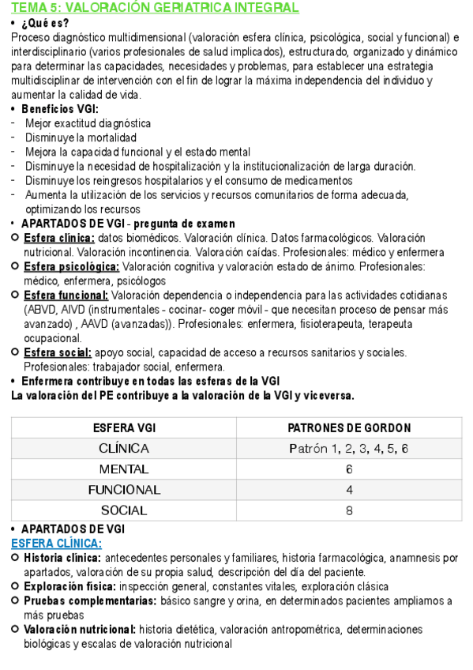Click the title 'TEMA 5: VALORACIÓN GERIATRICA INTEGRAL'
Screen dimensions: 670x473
point(155,8)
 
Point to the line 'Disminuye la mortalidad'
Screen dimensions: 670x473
point(81,137)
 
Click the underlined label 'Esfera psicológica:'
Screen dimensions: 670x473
point(72,266)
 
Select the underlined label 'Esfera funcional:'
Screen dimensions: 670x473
point(66,295)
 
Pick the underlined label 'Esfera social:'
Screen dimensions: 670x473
point(58,352)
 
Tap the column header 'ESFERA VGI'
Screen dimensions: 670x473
point(124,428)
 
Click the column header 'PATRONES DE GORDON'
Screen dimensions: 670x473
point(349,428)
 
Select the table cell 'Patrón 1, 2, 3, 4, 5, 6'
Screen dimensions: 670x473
point(349,449)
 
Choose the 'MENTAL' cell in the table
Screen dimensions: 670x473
point(124,469)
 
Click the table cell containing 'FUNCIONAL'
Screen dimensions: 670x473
point(124,490)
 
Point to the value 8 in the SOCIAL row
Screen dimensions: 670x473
point(349,510)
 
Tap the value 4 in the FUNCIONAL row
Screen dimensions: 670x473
point(349,490)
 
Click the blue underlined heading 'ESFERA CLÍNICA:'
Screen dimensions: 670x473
point(56,544)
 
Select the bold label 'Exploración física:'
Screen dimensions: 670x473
point(69,586)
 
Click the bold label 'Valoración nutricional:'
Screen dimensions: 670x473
point(80,630)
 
